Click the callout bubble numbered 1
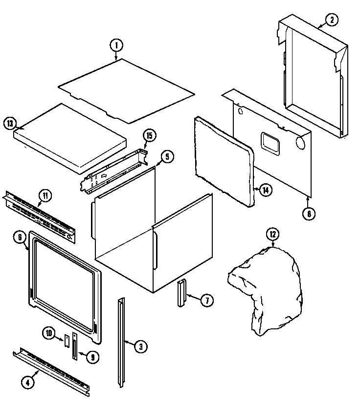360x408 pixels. coord(116,46)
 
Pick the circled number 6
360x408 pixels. coord(19,238)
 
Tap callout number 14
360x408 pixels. coord(264,190)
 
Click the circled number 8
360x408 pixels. coord(309,214)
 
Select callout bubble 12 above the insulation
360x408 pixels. coord(272,234)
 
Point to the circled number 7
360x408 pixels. coord(206,301)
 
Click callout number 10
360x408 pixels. coord(49,333)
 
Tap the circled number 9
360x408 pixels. coord(91,357)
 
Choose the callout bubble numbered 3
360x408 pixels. coord(140,347)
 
